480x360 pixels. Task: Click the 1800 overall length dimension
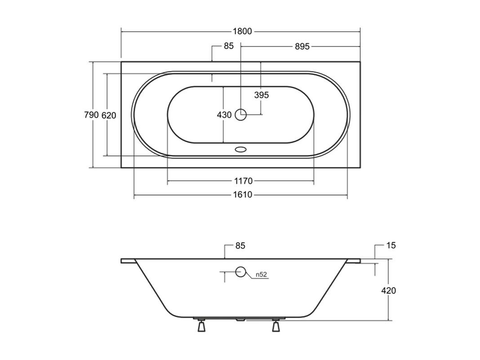pos(242,31)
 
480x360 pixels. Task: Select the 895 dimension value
pos(302,46)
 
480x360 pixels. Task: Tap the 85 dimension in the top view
pos(229,46)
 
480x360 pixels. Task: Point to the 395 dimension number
pos(262,95)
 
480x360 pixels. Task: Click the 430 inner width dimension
pos(224,115)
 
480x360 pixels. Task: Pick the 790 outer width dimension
pos(91,115)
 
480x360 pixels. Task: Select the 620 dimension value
pos(109,115)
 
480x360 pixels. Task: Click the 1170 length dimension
pos(243,181)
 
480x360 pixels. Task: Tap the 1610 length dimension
pos(243,195)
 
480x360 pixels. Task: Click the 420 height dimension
pos(388,290)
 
